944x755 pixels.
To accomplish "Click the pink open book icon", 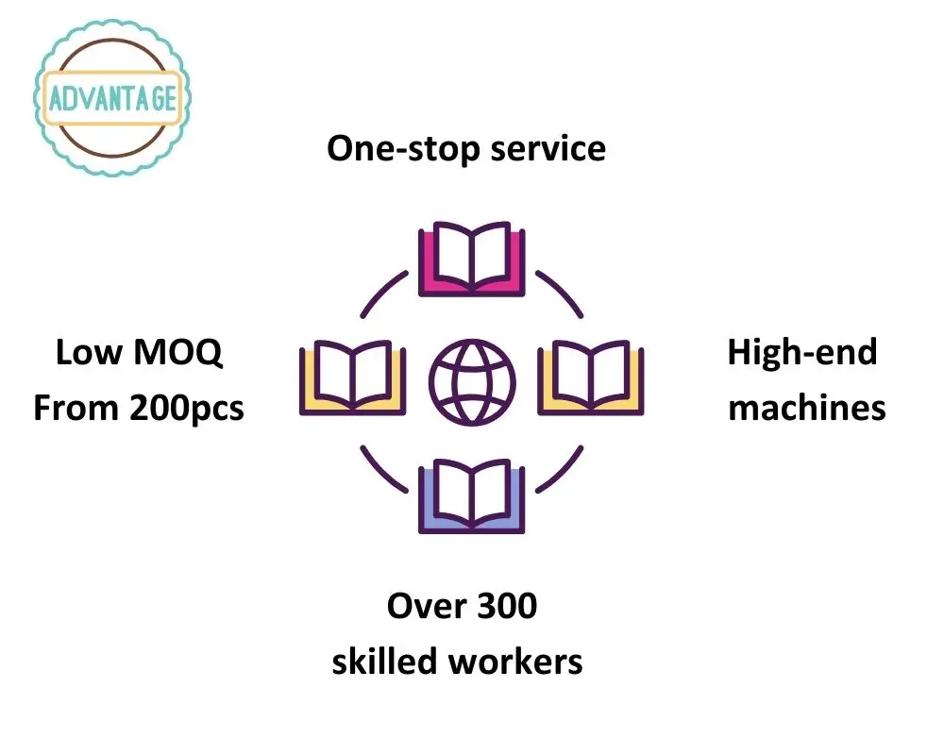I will pos(471,259).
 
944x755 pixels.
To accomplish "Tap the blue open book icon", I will pos(471,496).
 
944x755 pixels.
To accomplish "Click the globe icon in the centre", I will pos(472,379).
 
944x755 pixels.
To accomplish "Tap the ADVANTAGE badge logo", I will pos(112,98).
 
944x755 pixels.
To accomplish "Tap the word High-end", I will pos(801,353).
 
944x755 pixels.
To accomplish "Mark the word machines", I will pos(807,409).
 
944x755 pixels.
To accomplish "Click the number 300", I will pos(504,606).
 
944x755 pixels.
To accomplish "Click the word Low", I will pos(89,353).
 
